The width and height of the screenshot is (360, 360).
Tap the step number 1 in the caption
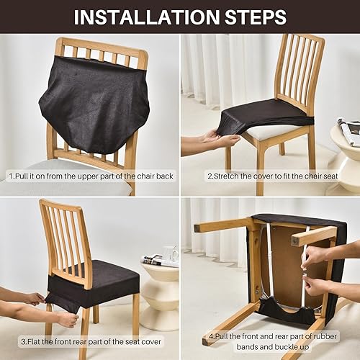(x=10, y=176)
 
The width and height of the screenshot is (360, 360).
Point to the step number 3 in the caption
(x=23, y=341)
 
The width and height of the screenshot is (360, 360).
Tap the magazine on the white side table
(x=160, y=261)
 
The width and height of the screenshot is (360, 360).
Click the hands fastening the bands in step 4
(x=317, y=270)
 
